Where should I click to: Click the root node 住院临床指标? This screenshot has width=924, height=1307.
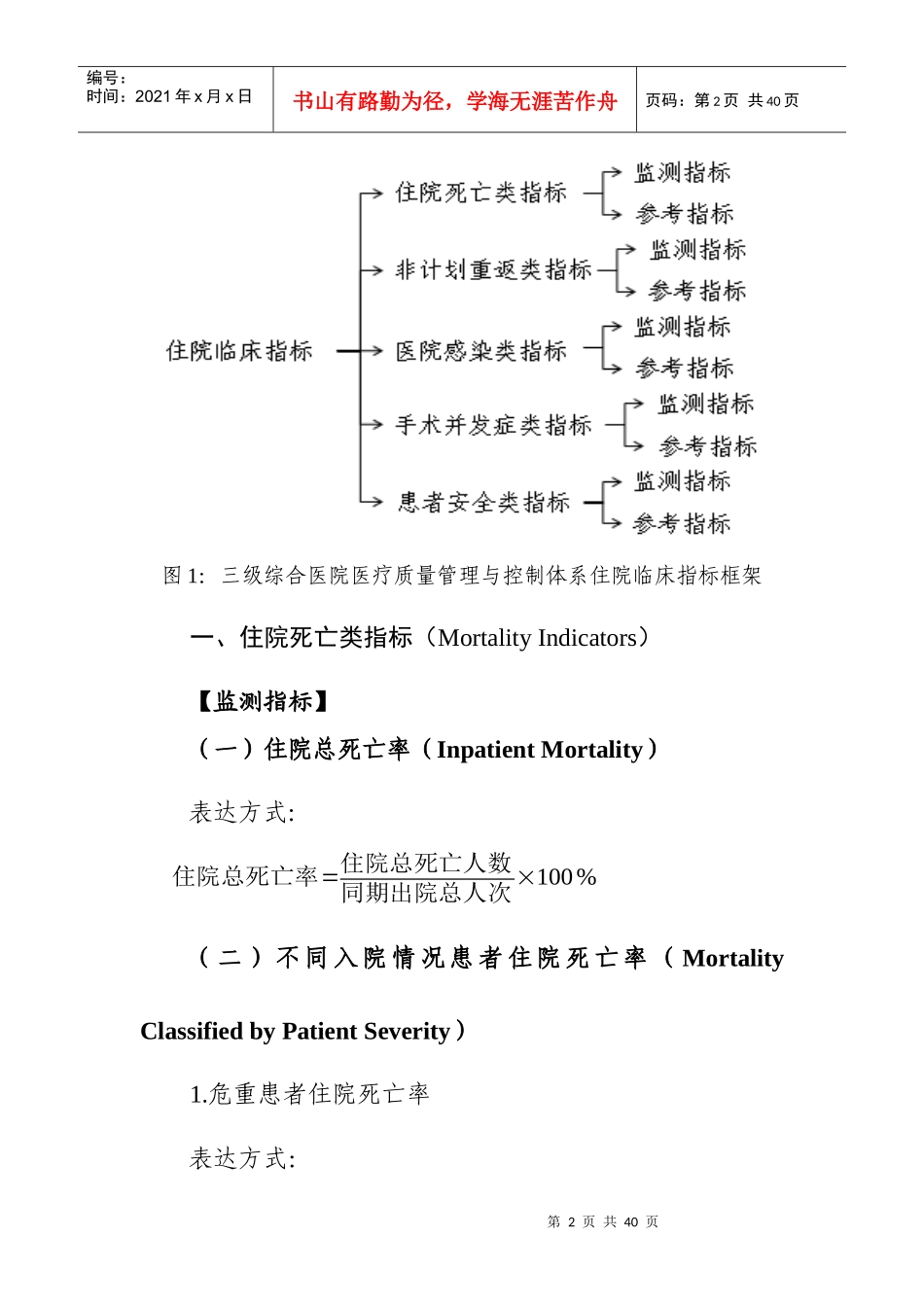pyautogui.click(x=239, y=351)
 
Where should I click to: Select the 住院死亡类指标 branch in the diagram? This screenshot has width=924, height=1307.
pyautogui.click(x=480, y=193)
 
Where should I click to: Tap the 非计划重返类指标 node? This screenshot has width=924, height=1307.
pyautogui.click(x=493, y=269)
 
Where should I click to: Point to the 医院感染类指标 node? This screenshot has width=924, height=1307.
pyautogui.click(x=480, y=351)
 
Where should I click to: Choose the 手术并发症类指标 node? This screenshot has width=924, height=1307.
pyautogui.click(x=493, y=425)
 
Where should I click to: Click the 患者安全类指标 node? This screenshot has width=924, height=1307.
pyautogui.click(x=483, y=503)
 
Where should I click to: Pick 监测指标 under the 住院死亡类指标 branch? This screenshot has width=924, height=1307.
pyautogui.click(x=682, y=173)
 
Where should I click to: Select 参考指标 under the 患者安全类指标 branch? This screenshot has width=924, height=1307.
pyautogui.click(x=682, y=524)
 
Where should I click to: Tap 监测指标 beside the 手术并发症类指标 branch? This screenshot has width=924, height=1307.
pyautogui.click(x=705, y=404)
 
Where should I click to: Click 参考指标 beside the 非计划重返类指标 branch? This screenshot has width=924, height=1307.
pyautogui.click(x=697, y=291)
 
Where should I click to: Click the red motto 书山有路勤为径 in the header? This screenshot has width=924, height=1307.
pyautogui.click(x=370, y=101)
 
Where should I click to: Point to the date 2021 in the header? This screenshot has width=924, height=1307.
pyautogui.click(x=153, y=96)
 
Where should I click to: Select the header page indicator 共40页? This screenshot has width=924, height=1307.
pyautogui.click(x=773, y=100)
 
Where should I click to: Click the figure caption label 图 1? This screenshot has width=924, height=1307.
pyautogui.click(x=184, y=576)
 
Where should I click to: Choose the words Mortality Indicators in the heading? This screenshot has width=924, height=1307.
pyautogui.click(x=537, y=638)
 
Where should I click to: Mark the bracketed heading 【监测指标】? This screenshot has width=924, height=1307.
pyautogui.click(x=263, y=701)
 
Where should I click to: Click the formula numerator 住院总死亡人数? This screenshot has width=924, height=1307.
pyautogui.click(x=426, y=863)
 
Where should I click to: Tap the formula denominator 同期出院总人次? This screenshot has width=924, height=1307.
pyautogui.click(x=426, y=892)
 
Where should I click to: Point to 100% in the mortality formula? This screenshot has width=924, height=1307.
pyautogui.click(x=566, y=877)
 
